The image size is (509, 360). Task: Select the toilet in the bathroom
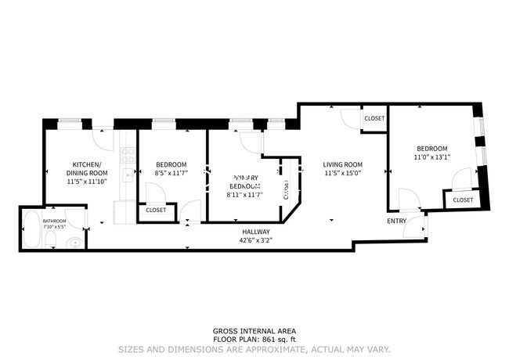tap(72, 242)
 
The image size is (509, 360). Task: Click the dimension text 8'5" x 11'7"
tap(170, 173)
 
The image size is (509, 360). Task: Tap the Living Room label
tap(343, 164)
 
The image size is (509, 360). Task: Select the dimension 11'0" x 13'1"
tap(431, 157)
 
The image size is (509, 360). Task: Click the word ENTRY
tap(396, 221)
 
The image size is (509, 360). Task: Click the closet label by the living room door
tap(374, 118)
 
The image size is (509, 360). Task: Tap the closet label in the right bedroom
tap(463, 200)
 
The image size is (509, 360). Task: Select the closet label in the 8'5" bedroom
tap(156, 210)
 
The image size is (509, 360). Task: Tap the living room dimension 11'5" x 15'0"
tap(343, 173)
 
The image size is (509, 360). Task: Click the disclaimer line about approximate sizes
tap(254, 349)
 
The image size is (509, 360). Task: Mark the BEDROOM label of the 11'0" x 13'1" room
tap(431, 149)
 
